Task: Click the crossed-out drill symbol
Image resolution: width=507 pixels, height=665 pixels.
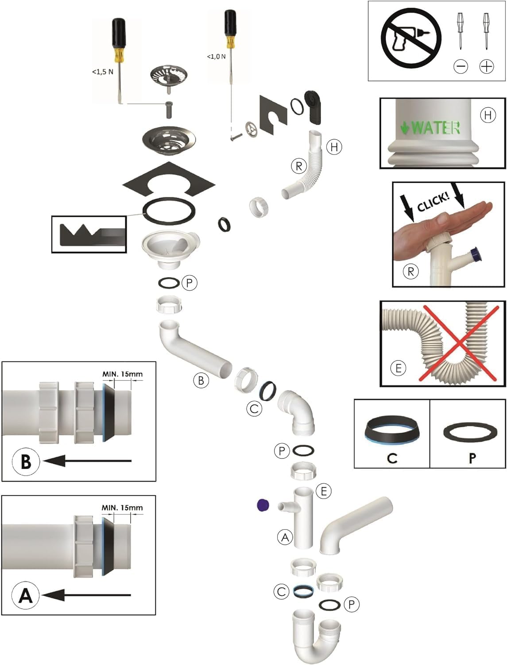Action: coord(411,37)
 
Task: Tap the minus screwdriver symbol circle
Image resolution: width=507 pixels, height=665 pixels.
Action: coord(461,66)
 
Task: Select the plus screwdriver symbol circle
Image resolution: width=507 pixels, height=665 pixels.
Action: coord(487,66)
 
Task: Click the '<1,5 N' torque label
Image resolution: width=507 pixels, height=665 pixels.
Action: coord(103,72)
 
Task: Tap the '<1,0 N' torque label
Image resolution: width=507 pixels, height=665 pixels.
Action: coord(216,56)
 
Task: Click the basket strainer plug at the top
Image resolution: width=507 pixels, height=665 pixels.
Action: coord(169,76)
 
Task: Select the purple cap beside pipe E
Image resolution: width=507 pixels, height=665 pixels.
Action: coord(263,505)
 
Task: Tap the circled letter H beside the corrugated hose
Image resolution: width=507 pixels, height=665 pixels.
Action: coord(334,147)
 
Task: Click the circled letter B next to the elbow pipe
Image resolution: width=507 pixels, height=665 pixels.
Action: coord(201,381)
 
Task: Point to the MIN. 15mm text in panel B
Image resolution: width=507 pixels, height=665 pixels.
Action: coord(122,374)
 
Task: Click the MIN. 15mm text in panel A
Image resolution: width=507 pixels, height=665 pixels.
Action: coord(122,508)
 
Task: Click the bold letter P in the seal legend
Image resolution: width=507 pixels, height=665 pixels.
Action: coord(472,458)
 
